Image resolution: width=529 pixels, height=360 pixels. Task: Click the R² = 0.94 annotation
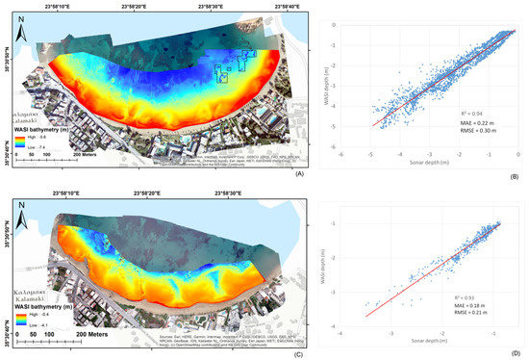(473, 113)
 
